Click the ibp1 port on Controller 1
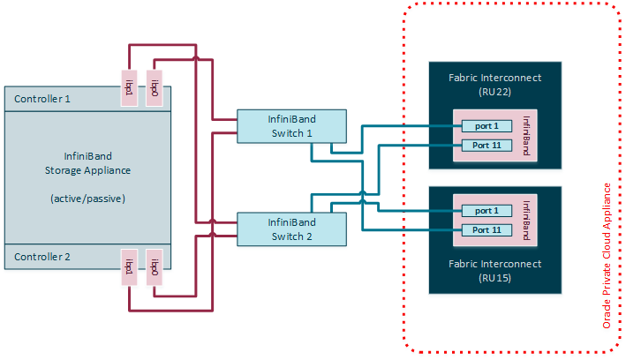(129, 88)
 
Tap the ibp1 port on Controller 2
(129, 266)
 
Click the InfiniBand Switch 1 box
(291, 126)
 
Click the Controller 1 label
(43, 99)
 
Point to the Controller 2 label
(43, 257)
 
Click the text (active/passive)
(87, 199)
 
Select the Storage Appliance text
(87, 170)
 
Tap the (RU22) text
(494, 91)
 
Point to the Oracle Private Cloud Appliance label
(607, 256)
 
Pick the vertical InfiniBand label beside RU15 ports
(527, 220)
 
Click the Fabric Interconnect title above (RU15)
(494, 262)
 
